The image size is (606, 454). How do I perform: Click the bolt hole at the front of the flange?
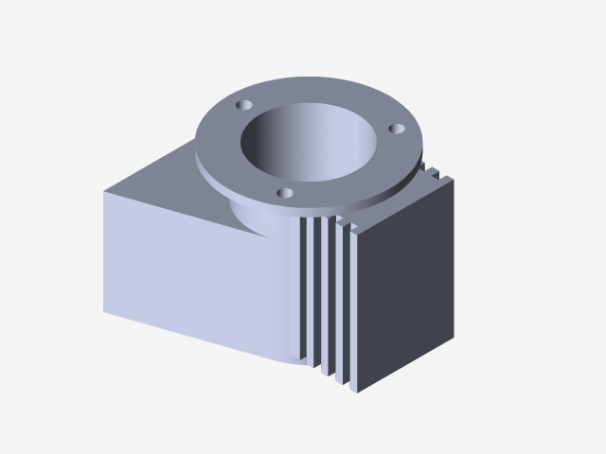[282, 193]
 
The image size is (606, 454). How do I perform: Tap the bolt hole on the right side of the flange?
[398, 128]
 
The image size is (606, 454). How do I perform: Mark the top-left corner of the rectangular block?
[104, 190]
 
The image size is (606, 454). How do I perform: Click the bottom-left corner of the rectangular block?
[104, 311]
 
